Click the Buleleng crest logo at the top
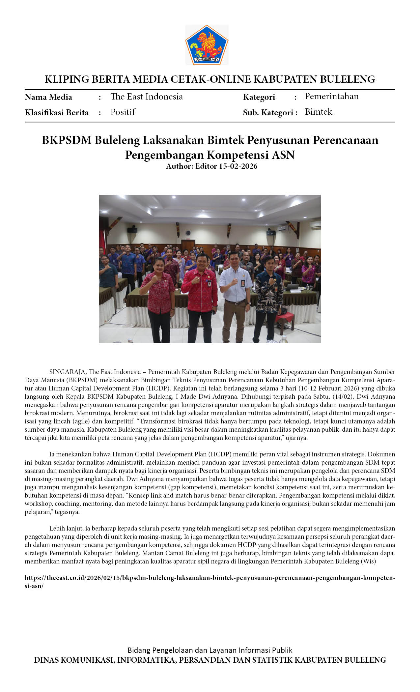(x=207, y=45)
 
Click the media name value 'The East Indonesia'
(x=147, y=97)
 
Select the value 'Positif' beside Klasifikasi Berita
(x=123, y=112)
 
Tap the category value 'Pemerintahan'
(x=331, y=96)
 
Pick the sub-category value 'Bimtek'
(x=318, y=112)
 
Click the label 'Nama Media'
(x=48, y=97)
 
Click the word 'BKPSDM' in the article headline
(x=67, y=140)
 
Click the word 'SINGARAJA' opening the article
(x=68, y=372)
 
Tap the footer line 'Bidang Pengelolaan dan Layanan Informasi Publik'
(x=210, y=650)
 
